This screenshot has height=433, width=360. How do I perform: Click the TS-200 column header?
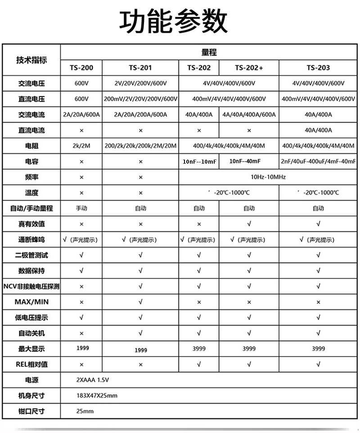pos(81,68)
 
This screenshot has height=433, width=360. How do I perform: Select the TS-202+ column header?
pos(249,68)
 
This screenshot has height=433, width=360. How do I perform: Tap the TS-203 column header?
pos(318,68)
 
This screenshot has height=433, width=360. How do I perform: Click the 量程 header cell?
pos(209,52)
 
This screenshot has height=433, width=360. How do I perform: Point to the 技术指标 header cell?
pos(31,60)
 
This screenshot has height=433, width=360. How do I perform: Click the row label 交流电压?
pos(31,83)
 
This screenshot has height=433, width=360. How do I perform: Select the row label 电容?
pos(31,161)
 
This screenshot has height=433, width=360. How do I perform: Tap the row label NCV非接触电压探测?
pos(31,286)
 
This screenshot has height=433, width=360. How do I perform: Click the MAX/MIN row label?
pos(31,302)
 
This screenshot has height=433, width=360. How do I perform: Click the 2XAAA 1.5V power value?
pos(93,380)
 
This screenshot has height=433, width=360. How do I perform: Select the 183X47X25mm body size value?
pos(97,396)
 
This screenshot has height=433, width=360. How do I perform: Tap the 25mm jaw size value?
pos(85,411)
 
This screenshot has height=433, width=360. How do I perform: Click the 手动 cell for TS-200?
pos(81,208)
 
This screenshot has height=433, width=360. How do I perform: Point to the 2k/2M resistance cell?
pos(81,146)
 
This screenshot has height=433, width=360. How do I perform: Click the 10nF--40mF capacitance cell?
pos(245,161)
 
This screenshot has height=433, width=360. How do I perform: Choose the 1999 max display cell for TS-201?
pos(140,350)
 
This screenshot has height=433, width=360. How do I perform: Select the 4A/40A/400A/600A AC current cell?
pos(249,115)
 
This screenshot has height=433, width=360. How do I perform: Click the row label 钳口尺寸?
pos(31,411)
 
